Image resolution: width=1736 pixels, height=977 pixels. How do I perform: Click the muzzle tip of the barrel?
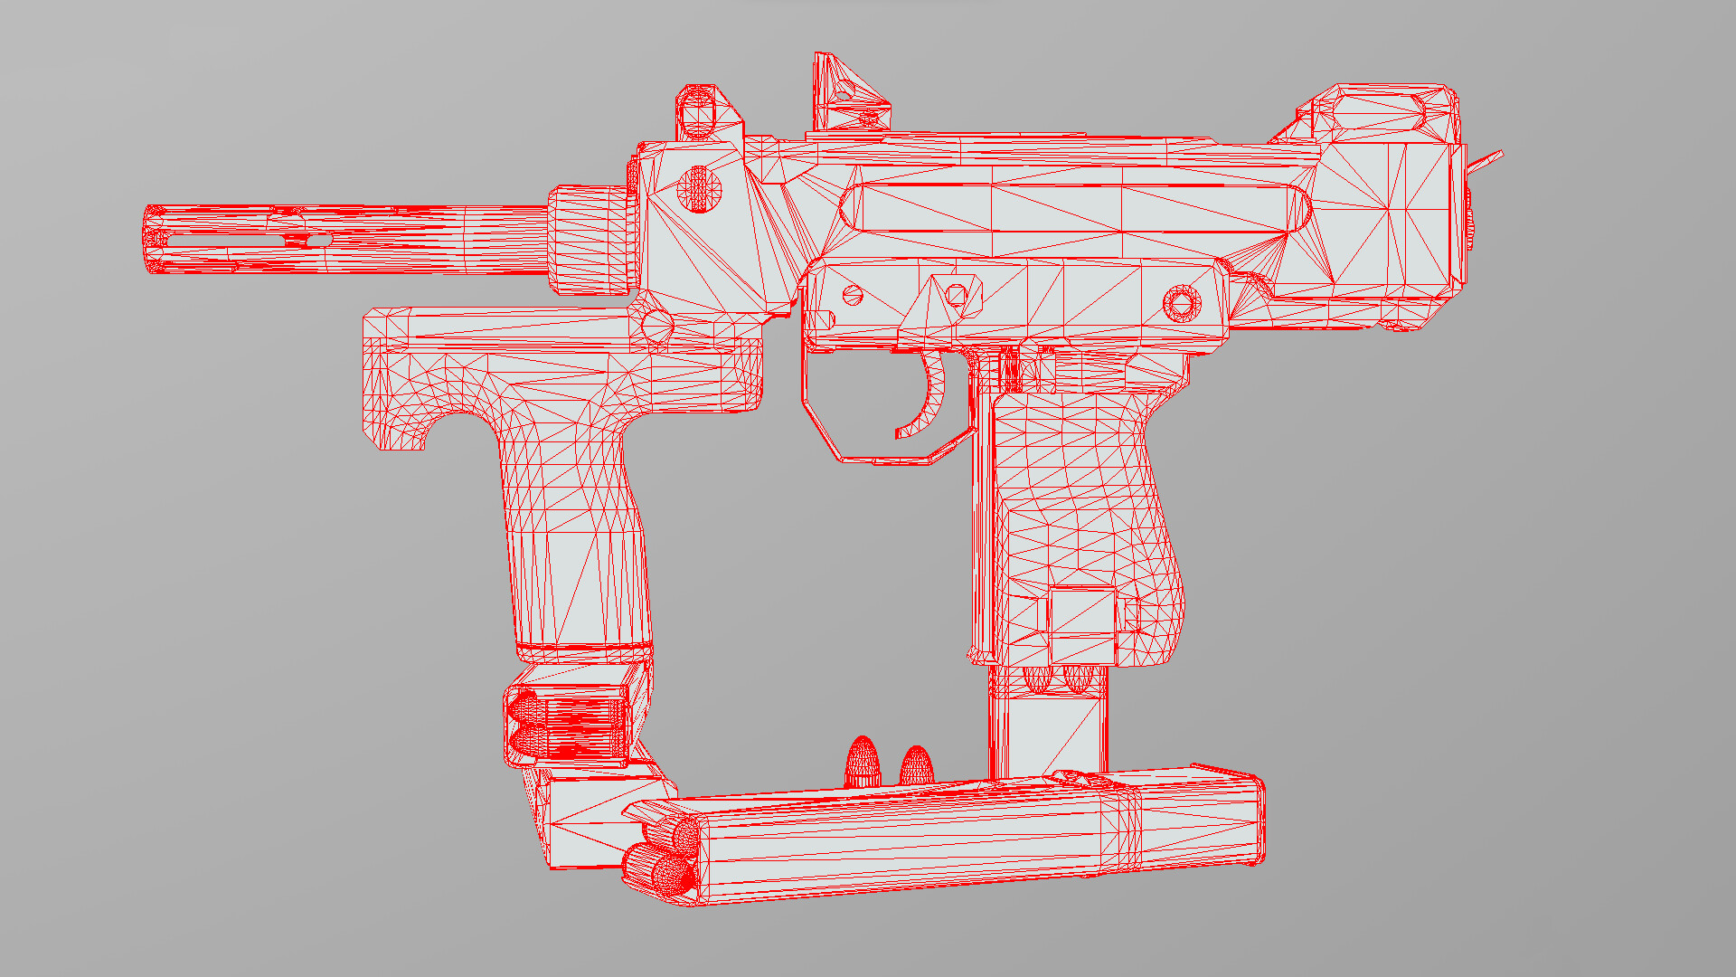pos(155,240)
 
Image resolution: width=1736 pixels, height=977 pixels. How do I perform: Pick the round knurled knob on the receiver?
pos(699,189)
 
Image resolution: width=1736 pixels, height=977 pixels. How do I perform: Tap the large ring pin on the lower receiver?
pos(1181,303)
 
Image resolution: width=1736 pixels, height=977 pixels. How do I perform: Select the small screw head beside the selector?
pos(852,295)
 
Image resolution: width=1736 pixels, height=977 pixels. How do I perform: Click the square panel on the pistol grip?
pos(1082,624)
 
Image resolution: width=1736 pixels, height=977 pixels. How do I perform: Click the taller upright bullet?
pos(862,763)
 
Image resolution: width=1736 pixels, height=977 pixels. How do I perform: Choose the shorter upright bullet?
pos(916,766)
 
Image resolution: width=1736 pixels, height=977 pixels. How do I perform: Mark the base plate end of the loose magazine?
pos(1252,819)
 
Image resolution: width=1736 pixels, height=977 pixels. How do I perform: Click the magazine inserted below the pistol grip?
pos(1049,724)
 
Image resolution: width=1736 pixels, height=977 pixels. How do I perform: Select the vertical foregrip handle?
pos(579,543)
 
